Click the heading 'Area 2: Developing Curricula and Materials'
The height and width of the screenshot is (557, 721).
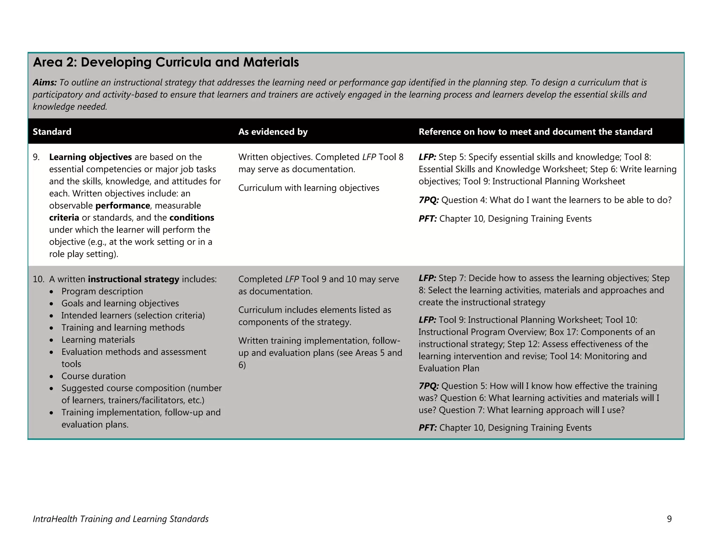coord(166,62)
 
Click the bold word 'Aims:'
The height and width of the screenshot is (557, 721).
coord(45,82)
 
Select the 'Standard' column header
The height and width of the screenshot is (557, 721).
coord(52,132)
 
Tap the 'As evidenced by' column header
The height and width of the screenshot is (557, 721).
coord(273,132)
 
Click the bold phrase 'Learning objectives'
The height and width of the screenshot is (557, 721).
coord(90,157)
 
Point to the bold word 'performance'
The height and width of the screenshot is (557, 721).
coord(123,206)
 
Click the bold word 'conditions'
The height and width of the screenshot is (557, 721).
coord(192,218)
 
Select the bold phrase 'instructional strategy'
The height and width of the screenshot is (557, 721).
coord(133,279)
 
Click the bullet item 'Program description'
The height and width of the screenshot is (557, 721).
coord(102,292)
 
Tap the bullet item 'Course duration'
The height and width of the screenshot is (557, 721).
coord(93,376)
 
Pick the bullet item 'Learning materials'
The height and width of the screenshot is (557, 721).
coord(98,340)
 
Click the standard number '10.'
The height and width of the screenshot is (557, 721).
coord(38,279)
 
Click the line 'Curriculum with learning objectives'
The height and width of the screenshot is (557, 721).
coord(309,188)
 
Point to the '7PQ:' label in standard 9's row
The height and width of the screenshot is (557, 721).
coord(428,200)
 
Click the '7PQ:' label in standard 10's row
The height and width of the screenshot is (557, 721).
coord(428,386)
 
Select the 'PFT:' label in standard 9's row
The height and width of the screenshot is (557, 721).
coord(427,219)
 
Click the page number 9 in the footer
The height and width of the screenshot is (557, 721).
coord(669,519)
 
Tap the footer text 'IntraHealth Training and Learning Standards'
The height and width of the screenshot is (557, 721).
coord(120,519)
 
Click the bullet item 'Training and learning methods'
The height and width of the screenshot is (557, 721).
coord(123,328)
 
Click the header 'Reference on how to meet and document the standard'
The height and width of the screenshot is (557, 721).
coord(535,132)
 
